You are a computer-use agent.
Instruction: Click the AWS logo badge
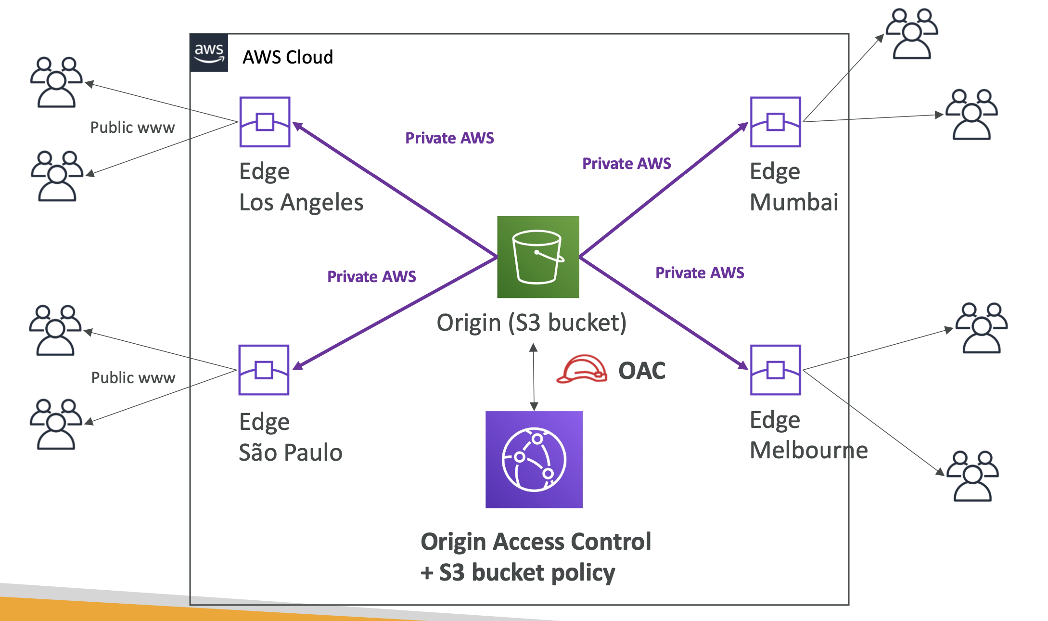click(x=209, y=53)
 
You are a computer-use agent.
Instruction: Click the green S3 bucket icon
click(x=538, y=257)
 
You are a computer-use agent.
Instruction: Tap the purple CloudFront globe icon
click(x=534, y=459)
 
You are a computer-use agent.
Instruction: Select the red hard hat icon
click(x=581, y=369)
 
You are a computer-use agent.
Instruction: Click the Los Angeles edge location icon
click(x=265, y=122)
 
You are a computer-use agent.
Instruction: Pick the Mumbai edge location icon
click(x=775, y=122)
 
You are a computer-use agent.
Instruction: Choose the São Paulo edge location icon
click(x=264, y=370)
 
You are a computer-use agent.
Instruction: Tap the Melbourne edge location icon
click(x=775, y=370)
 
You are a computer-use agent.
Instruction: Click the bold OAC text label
click(x=642, y=371)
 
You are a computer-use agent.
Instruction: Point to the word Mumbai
click(x=794, y=202)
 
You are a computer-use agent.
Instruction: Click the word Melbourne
click(x=809, y=450)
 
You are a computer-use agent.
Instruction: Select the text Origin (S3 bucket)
click(x=531, y=323)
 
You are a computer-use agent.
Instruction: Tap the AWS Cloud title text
click(x=288, y=57)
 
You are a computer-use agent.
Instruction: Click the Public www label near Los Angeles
click(x=132, y=128)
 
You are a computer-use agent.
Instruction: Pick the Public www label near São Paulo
click(x=133, y=378)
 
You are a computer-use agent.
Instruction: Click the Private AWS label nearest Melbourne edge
click(x=700, y=273)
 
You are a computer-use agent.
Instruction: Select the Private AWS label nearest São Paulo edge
click(x=371, y=277)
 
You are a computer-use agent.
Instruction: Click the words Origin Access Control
click(x=536, y=542)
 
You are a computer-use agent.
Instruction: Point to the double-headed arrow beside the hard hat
click(x=534, y=377)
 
